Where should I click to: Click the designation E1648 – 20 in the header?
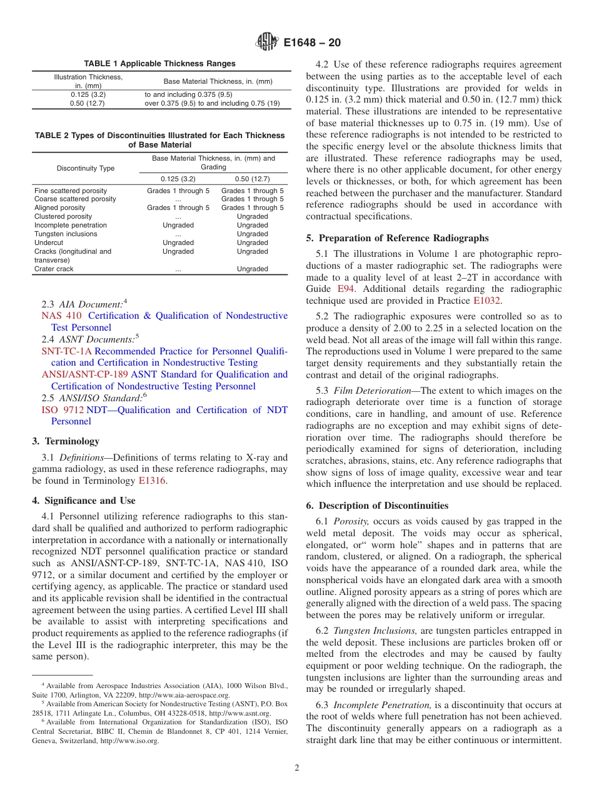pyautogui.click(x=312, y=43)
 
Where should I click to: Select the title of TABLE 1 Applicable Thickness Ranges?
pyautogui.click(x=160, y=64)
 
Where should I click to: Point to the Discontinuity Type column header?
pyautogui.click(x=86, y=168)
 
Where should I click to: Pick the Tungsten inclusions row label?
pyautogui.click(x=66, y=234)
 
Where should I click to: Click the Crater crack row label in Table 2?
pyautogui.click(x=54, y=269)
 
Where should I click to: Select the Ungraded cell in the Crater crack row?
pyautogui.click(x=253, y=269)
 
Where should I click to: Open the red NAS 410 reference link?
pyautogui.click(x=61, y=316)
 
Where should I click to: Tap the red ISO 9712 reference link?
pyautogui.click(x=61, y=410)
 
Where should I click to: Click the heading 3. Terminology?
pyautogui.click(x=66, y=441)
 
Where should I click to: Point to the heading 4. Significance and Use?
pyautogui.click(x=84, y=501)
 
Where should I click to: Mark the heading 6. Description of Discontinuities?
pyautogui.click(x=377, y=506)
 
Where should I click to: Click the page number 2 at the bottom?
pyautogui.click(x=297, y=768)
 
